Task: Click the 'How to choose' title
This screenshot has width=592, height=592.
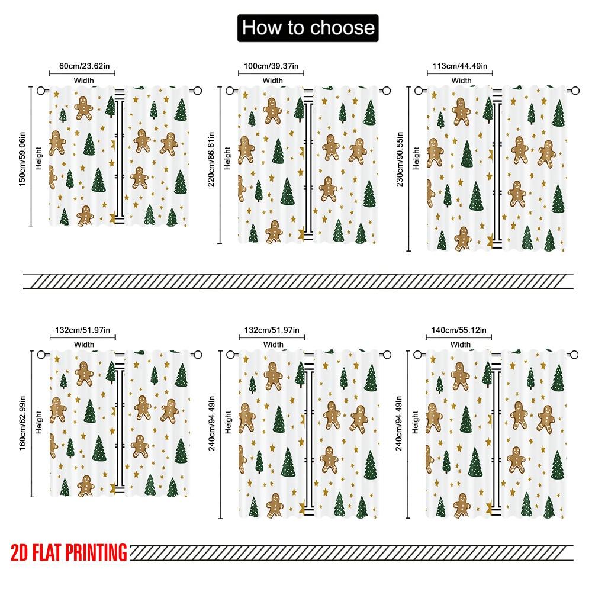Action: (308, 28)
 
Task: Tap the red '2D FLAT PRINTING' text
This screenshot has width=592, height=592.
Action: (69, 552)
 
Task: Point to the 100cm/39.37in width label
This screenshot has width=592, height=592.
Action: (272, 66)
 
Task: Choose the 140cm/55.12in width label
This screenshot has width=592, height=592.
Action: (459, 330)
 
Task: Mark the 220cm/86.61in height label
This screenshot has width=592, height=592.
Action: (211, 159)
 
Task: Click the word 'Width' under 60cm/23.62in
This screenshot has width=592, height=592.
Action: (83, 80)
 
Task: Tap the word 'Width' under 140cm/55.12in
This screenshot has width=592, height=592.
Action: (460, 344)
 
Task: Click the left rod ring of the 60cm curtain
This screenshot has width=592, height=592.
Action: (41, 91)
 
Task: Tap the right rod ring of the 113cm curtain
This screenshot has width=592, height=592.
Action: (574, 91)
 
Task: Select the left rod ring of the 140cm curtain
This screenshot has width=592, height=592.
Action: (417, 355)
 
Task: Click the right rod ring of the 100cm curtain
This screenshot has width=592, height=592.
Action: (386, 91)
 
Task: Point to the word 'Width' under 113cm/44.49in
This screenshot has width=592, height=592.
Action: (461, 80)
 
